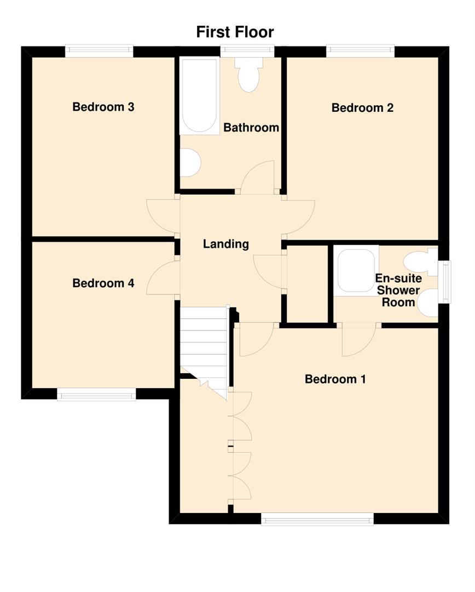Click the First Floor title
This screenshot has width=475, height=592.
click(235, 32)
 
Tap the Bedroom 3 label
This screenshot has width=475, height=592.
click(103, 107)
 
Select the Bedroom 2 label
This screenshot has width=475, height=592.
click(362, 108)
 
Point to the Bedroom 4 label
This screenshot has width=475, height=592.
click(103, 283)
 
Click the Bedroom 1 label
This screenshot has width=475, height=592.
click(335, 379)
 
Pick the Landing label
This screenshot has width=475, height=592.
click(226, 244)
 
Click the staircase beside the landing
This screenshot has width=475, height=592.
click(204, 345)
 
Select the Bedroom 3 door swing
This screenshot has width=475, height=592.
click(163, 215)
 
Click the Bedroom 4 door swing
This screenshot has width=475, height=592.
click(163, 280)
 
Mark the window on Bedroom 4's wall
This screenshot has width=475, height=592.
click(96, 394)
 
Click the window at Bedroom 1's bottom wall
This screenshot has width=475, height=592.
click(317, 519)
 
